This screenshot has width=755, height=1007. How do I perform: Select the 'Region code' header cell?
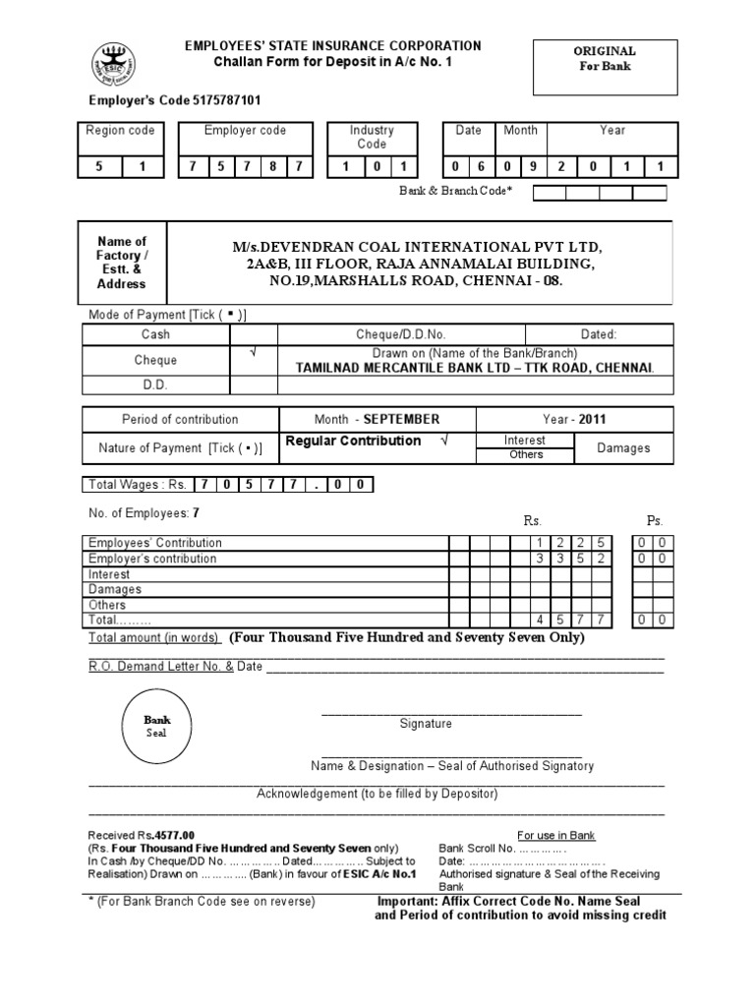pyautogui.click(x=120, y=130)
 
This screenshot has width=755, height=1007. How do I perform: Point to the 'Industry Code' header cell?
pyautogui.click(x=372, y=137)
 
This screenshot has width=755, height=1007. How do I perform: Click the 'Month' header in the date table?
pyautogui.click(x=520, y=130)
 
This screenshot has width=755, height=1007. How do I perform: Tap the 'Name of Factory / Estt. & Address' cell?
pyautogui.click(x=122, y=263)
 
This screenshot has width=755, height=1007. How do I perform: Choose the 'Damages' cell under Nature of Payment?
pyautogui.click(x=623, y=447)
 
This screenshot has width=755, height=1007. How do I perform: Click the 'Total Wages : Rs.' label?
pyautogui.click(x=138, y=484)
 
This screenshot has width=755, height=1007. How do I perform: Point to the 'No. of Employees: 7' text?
pyautogui.click(x=145, y=512)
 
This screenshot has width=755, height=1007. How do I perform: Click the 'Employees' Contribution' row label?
pyautogui.click(x=155, y=543)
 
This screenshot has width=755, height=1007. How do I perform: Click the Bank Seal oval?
pyautogui.click(x=157, y=727)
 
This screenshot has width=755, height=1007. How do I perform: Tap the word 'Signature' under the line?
pyautogui.click(x=426, y=724)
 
